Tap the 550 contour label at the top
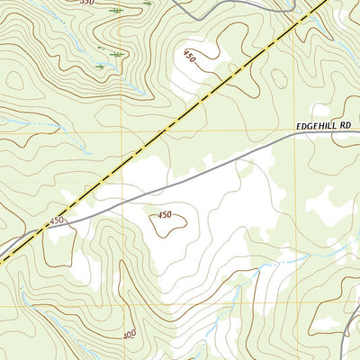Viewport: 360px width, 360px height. (86, 3)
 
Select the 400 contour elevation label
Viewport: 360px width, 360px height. (129, 334)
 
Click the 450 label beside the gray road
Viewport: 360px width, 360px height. (58, 220)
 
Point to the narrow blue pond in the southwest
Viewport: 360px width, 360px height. (45, 317)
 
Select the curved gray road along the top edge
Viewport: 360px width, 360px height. (225, 13)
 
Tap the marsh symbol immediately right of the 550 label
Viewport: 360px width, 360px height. (116, 9)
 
